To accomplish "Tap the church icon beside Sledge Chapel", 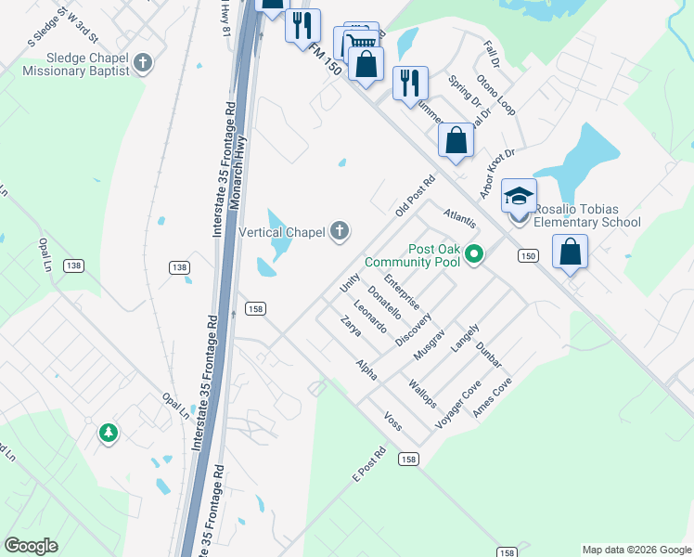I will pyautogui.click(x=142, y=63).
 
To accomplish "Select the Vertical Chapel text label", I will pyautogui.click(x=283, y=231).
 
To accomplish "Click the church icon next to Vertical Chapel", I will pyautogui.click(x=341, y=230).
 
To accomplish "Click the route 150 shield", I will pyautogui.click(x=528, y=255).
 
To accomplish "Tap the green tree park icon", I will pyautogui.click(x=109, y=433).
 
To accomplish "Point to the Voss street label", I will pyautogui.click(x=392, y=421).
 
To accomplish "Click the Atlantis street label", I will pyautogui.click(x=459, y=219).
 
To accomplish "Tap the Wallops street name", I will pyautogui.click(x=421, y=393).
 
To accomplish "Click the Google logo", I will pyautogui.click(x=31, y=546).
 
